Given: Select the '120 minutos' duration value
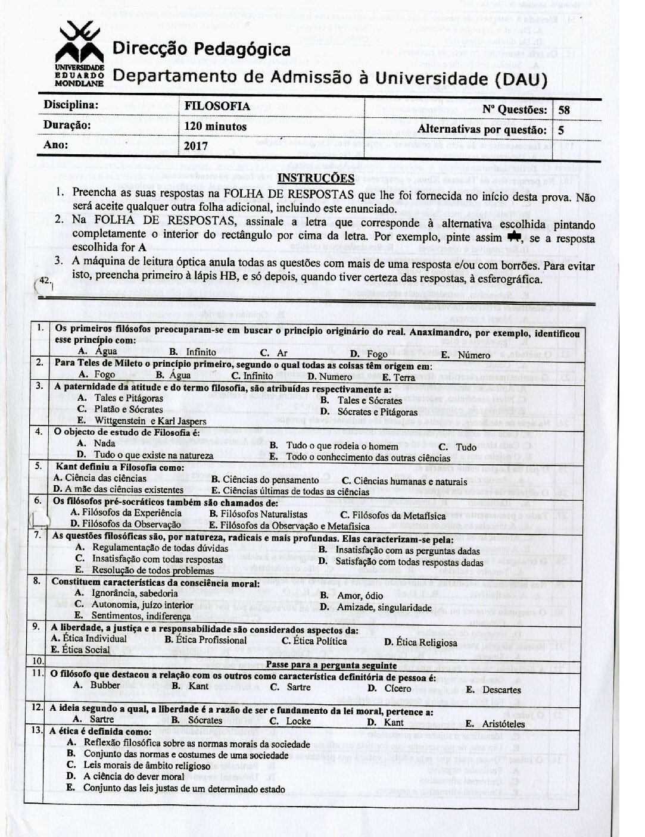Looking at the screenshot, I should coord(216,126).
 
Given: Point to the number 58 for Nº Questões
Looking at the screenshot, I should coord(564,110).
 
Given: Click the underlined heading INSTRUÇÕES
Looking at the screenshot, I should coord(316,178).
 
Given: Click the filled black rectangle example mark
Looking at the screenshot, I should coord(512,237).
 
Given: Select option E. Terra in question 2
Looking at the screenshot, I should coord(398,376).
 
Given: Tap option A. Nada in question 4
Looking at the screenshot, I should coord(96,444).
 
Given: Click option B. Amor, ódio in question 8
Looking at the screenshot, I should coord(351,595).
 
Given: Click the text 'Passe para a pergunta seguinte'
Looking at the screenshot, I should coord(332,664).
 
